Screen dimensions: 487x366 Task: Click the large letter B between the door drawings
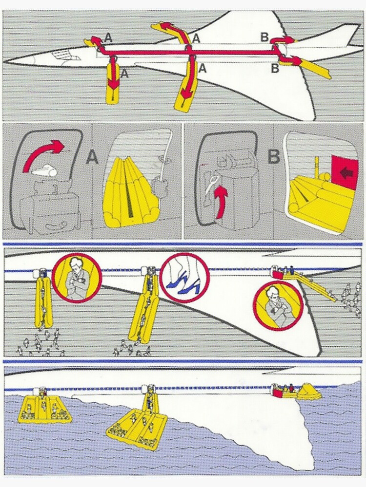(274, 157)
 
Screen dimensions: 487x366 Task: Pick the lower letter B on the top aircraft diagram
(275, 68)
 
